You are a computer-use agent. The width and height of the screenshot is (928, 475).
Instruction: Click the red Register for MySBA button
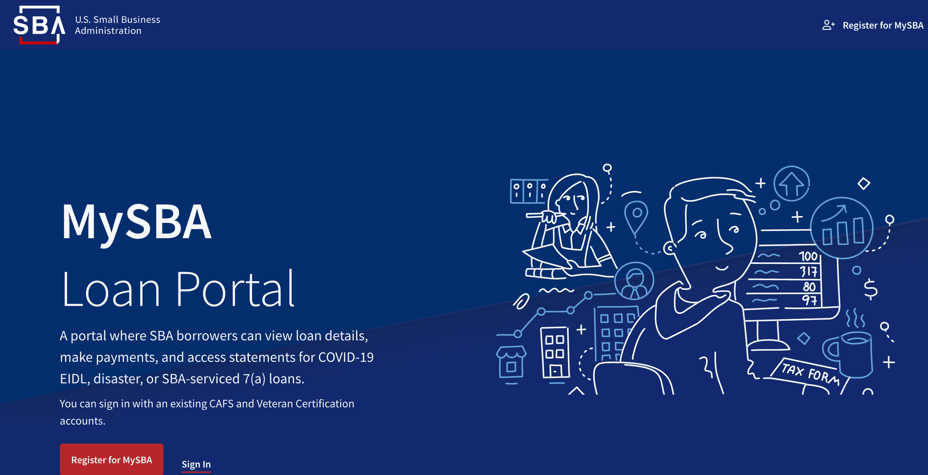(x=111, y=460)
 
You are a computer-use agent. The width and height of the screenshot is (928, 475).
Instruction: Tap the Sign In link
(x=196, y=464)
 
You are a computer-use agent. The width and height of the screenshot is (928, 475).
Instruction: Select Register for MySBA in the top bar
(x=883, y=25)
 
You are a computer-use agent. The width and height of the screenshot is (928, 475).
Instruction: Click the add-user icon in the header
(x=828, y=25)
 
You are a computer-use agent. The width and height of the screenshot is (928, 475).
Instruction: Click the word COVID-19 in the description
(x=346, y=357)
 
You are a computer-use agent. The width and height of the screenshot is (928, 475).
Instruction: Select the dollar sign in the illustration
(x=870, y=289)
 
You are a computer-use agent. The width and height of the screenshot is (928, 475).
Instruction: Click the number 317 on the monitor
(x=808, y=272)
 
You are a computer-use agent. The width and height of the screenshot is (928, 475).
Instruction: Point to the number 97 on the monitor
(x=809, y=300)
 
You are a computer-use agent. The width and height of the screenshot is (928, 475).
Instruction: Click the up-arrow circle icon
(x=792, y=183)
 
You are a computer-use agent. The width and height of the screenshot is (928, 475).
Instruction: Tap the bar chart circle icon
(x=842, y=228)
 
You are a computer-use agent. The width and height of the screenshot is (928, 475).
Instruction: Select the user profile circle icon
(x=634, y=281)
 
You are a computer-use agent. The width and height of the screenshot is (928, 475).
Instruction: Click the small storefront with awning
(x=511, y=362)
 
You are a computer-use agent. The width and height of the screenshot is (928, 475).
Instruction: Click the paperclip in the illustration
(x=521, y=301)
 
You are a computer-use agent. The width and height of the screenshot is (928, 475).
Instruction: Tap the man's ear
(x=669, y=248)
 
